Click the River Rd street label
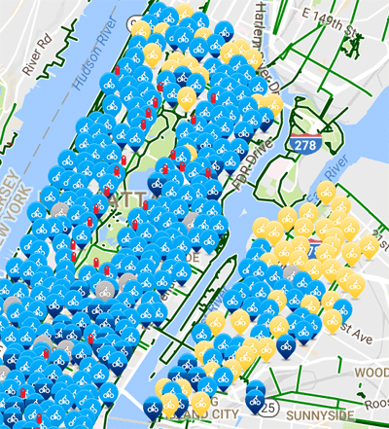(x=28, y=56)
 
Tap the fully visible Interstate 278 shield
(x=301, y=143)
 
